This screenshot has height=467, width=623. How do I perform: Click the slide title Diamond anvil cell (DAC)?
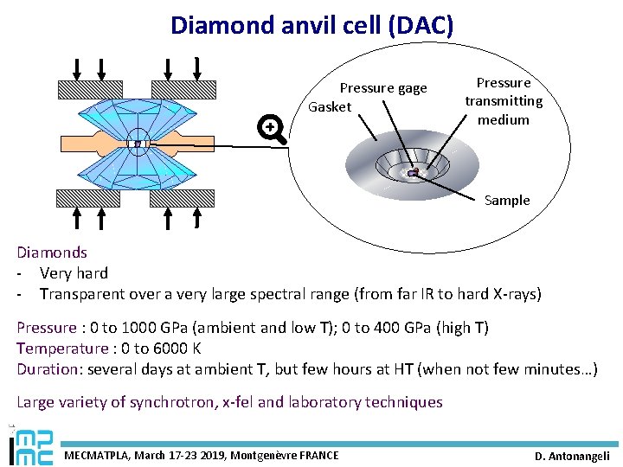coord(311,25)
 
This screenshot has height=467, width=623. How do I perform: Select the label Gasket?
coord(331,107)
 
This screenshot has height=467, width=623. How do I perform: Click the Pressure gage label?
coord(383,88)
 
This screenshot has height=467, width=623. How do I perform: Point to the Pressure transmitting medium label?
coord(504,101)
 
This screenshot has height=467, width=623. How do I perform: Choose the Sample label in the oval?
coord(507,201)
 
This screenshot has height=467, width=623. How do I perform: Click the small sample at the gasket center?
coord(414,173)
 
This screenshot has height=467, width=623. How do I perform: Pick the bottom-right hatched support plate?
coord(183,198)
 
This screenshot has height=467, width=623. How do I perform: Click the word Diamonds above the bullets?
coord(52,253)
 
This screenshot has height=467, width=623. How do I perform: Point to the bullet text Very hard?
coord(74,273)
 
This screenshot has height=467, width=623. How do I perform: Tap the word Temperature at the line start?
coord(57,349)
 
